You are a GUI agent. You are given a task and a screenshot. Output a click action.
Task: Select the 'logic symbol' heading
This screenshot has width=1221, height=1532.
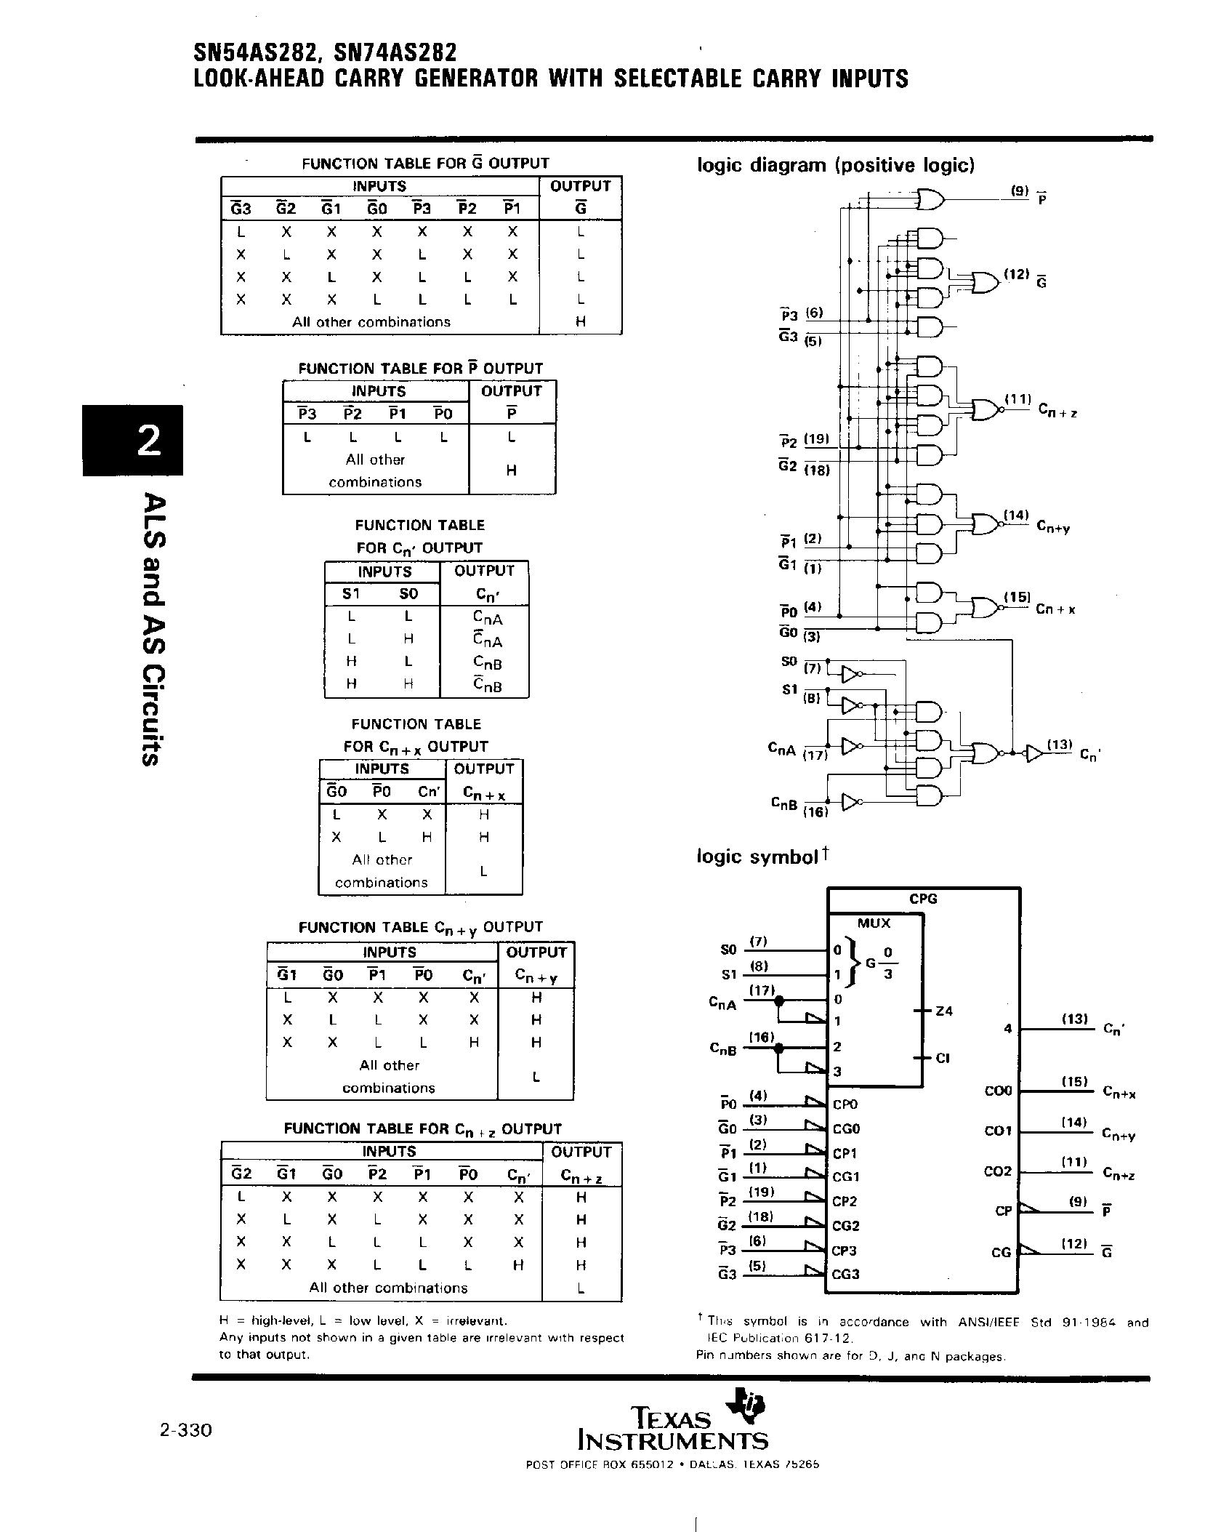(757, 857)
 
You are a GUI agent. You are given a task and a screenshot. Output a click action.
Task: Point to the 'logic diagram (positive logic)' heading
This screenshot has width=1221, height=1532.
(835, 165)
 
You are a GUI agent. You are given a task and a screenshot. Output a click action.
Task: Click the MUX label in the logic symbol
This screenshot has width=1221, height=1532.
(874, 923)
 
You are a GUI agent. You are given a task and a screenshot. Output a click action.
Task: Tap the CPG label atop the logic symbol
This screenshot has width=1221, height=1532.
(923, 899)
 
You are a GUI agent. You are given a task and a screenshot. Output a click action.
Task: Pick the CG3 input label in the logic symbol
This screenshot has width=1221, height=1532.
(845, 1275)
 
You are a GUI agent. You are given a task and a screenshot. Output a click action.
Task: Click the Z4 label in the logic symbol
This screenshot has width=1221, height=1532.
(944, 1011)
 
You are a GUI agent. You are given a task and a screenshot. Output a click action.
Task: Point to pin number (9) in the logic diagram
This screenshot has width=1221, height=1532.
(1019, 191)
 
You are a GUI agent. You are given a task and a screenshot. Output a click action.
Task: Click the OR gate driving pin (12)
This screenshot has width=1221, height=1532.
(984, 283)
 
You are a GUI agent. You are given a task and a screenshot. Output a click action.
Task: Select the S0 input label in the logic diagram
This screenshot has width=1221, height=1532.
(789, 662)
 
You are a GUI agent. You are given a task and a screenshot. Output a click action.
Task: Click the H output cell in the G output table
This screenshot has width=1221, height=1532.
(580, 321)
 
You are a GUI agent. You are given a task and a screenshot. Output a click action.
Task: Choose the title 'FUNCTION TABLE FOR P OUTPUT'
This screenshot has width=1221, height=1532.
(420, 368)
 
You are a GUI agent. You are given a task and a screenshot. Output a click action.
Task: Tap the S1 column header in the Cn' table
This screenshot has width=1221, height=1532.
(351, 593)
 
